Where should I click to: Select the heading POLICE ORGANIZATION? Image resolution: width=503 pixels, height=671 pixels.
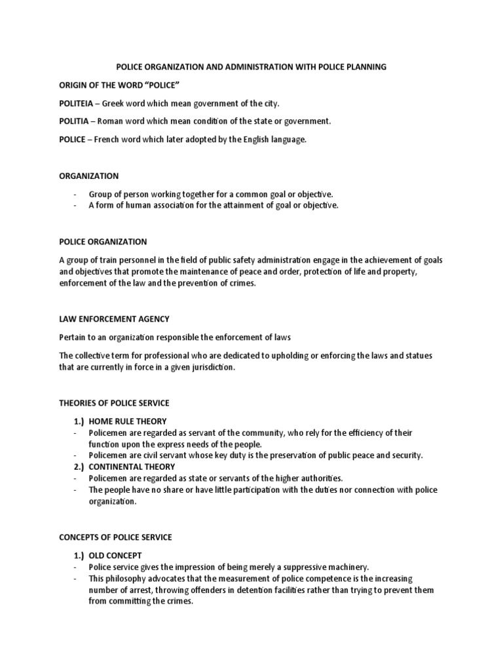coord(103,242)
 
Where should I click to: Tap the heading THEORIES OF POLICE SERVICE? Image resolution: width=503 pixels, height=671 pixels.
coord(114,403)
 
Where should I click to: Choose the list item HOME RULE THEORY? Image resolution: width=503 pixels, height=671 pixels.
coord(128,421)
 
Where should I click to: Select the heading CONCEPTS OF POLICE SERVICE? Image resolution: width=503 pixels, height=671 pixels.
coord(115,537)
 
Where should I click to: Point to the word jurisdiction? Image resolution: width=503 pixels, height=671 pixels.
coord(211,368)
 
